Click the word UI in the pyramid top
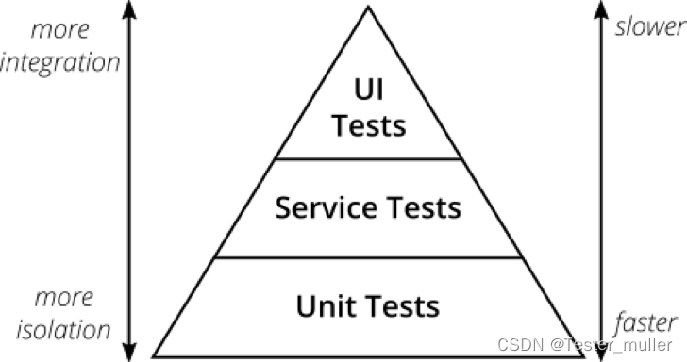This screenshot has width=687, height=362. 368,90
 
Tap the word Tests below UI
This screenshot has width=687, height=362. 369,125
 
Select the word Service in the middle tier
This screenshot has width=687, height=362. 326,207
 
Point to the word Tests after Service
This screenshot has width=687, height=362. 424,207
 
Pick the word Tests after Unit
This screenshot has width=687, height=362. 403,306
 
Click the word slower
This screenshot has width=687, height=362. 650,26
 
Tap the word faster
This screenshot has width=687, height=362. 646,323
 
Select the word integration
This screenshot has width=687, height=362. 60,62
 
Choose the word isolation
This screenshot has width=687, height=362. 63,330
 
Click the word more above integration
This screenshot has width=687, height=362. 60,30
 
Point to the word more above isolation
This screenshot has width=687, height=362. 64,298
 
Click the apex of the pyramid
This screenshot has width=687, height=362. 368,7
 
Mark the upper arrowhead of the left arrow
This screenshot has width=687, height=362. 128,8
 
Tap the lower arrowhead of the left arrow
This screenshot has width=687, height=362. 128,353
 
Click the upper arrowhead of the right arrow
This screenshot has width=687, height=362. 601,8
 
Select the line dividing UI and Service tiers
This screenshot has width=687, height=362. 368,159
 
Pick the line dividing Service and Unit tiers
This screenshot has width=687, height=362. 368,257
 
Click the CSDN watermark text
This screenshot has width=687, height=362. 585,345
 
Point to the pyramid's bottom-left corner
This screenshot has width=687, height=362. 153,356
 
